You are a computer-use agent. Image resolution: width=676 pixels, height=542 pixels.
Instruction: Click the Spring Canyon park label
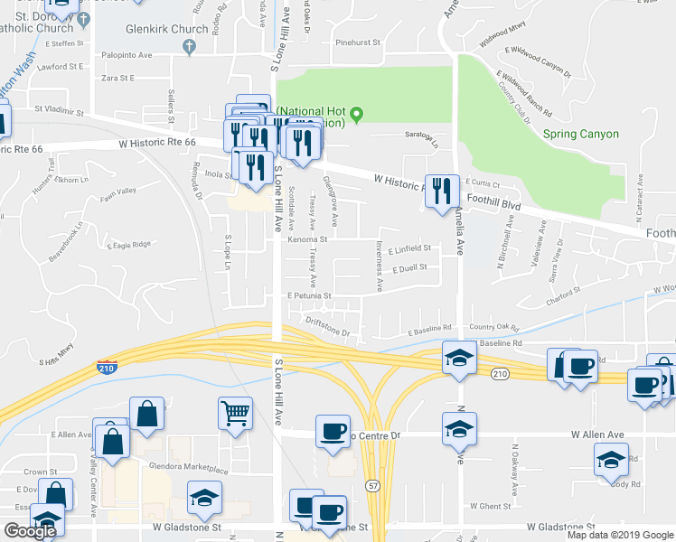click(x=581, y=135)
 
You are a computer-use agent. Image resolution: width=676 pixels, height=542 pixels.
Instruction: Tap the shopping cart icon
click(x=235, y=414)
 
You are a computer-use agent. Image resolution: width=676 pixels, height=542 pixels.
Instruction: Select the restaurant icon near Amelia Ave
click(x=441, y=191)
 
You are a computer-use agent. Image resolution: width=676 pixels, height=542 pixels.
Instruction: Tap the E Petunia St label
click(x=310, y=295)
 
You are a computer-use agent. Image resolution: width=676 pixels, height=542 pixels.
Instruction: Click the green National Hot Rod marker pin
click(x=357, y=114)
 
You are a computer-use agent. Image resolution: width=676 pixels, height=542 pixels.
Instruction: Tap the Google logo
click(x=30, y=531)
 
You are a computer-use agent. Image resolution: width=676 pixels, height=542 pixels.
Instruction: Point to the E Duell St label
click(x=407, y=268)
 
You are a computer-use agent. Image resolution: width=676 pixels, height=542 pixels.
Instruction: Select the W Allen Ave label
click(x=597, y=434)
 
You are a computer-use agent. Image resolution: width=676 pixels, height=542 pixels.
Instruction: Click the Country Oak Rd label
click(x=496, y=328)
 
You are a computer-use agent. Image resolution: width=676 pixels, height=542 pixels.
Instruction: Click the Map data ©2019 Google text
click(x=620, y=535)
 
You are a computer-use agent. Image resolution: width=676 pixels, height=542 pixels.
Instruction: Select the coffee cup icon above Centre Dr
click(x=333, y=430)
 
